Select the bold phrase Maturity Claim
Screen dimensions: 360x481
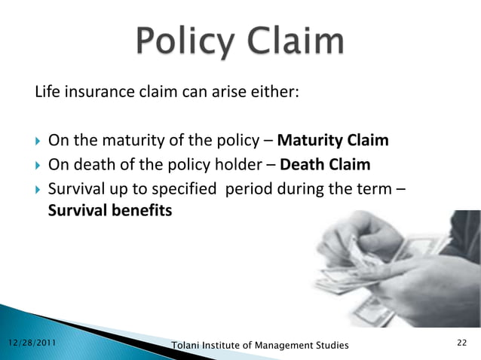coord(333,141)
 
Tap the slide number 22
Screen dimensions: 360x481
coord(462,343)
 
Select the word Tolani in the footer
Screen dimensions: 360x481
coord(186,345)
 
